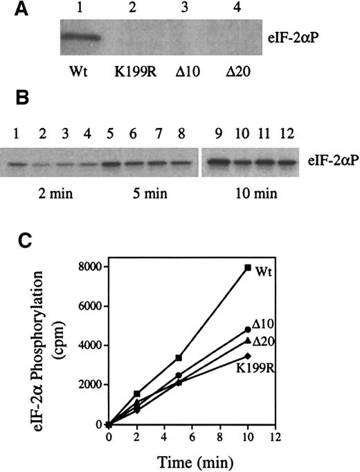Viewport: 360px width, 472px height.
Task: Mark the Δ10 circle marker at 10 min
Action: pyautogui.click(x=247, y=329)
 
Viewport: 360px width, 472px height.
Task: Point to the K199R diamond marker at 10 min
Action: pyautogui.click(x=247, y=356)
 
